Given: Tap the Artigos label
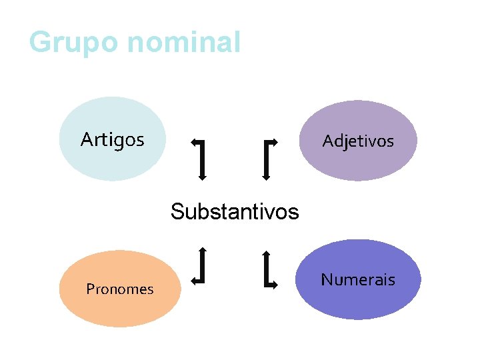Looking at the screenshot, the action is click(112, 140).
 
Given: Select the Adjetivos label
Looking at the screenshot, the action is click(358, 141).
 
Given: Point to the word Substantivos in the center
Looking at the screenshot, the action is click(235, 212).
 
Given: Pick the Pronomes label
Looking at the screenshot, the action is click(120, 289).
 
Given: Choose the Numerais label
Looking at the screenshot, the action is click(358, 280).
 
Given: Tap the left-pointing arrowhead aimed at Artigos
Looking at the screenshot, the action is click(194, 142).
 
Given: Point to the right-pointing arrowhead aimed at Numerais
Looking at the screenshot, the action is click(275, 285).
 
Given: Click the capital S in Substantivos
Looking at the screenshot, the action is click(177, 212).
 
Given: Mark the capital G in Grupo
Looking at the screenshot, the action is click(40, 41).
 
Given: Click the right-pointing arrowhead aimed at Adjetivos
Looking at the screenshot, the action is click(275, 142).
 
